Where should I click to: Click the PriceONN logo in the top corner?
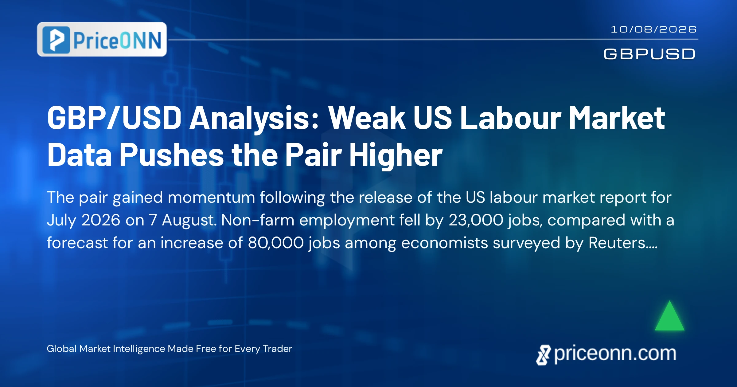coord(102,39)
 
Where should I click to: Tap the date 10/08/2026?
coord(653,29)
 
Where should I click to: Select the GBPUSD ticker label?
coord(649,54)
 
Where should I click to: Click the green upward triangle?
coord(669,316)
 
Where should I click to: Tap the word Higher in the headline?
coord(396,155)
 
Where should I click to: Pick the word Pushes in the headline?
coord(171,155)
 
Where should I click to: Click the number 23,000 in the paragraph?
coord(476,220)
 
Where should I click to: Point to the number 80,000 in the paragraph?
coord(275,243)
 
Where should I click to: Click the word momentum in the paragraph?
coord(211,197)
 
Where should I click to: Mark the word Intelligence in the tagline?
coord(139,349)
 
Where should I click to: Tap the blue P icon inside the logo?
coord(56,40)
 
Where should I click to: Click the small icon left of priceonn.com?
coord(544,355)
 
